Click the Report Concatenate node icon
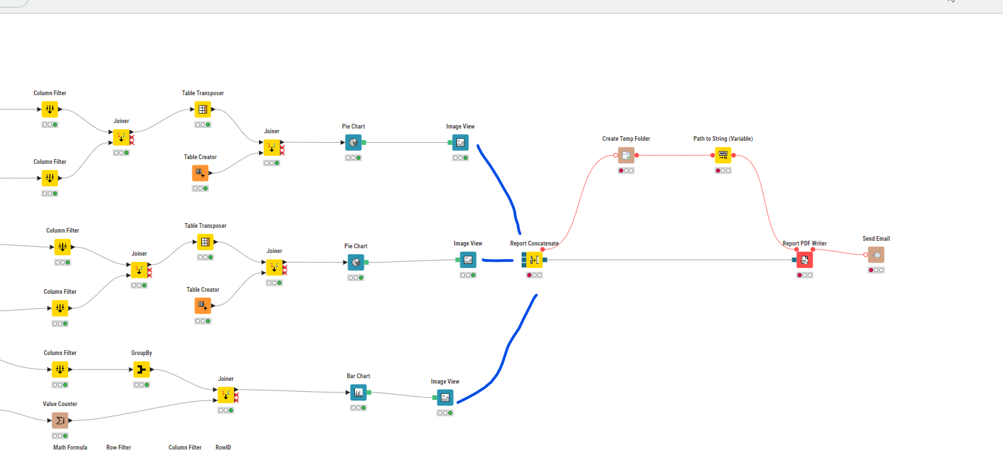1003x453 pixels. pos(534,259)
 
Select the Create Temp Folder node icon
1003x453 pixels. pos(626,155)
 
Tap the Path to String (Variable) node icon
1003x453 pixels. pos(723,155)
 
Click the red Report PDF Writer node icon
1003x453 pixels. pos(804,259)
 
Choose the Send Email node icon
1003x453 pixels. pos(876,254)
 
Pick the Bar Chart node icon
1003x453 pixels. pos(358,392)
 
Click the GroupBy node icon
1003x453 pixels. pos(141,369)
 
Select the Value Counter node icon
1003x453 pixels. pos(60,420)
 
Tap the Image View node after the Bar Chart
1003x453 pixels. pos(445,398)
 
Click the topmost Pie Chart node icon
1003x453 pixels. pos(354,142)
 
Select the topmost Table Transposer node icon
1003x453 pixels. pos(203,109)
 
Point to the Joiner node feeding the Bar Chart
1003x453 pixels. pos(226,395)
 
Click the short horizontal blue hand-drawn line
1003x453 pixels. pos(497,259)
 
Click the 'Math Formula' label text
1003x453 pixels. pos(70,448)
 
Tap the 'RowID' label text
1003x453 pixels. pos(223,448)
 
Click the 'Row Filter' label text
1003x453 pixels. pos(118,448)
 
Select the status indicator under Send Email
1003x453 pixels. pos(876,270)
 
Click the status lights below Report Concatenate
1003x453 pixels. pos(534,275)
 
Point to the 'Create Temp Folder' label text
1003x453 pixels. pos(626,139)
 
